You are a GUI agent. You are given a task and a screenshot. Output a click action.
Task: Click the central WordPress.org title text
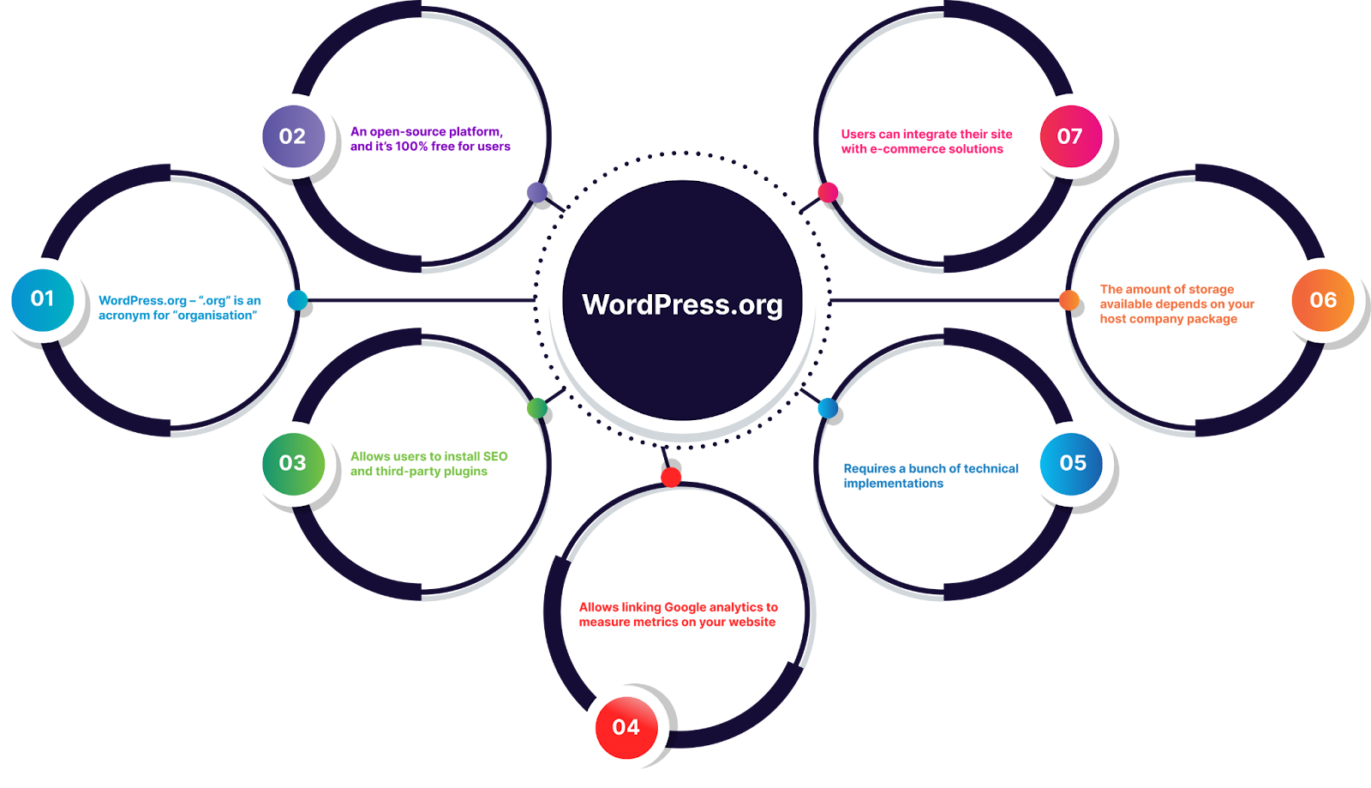point(682,304)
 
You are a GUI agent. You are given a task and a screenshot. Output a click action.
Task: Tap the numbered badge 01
point(43,299)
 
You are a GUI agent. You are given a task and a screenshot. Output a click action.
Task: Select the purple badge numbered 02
point(293,136)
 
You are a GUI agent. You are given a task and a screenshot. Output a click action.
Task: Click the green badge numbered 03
point(293,464)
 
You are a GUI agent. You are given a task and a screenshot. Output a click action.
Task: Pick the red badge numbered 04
point(626,728)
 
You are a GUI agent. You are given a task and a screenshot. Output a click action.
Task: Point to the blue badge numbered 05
point(1072,464)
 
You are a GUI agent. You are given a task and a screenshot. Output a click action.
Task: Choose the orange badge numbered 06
point(1323,300)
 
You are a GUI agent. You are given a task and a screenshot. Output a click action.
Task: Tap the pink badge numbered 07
point(1070,136)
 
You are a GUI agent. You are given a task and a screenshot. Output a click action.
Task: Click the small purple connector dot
point(537,193)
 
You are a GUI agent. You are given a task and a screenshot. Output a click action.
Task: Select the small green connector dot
point(537,409)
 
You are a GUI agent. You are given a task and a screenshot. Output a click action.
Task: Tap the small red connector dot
point(671,477)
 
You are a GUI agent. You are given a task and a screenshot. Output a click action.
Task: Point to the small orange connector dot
point(1069,300)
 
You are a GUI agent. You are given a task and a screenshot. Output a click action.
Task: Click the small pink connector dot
point(828,193)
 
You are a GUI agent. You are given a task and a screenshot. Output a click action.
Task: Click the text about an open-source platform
point(430,139)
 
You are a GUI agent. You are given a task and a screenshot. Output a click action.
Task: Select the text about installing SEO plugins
point(428,464)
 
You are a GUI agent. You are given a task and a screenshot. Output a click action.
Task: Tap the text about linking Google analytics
point(678,615)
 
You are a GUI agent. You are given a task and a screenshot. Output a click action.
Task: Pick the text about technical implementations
point(931,476)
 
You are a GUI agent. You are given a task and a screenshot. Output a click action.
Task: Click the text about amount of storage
point(1176,304)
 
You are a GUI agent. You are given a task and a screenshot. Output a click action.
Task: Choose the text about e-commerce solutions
point(926,141)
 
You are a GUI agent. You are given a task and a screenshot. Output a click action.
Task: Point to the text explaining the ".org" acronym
point(179,308)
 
